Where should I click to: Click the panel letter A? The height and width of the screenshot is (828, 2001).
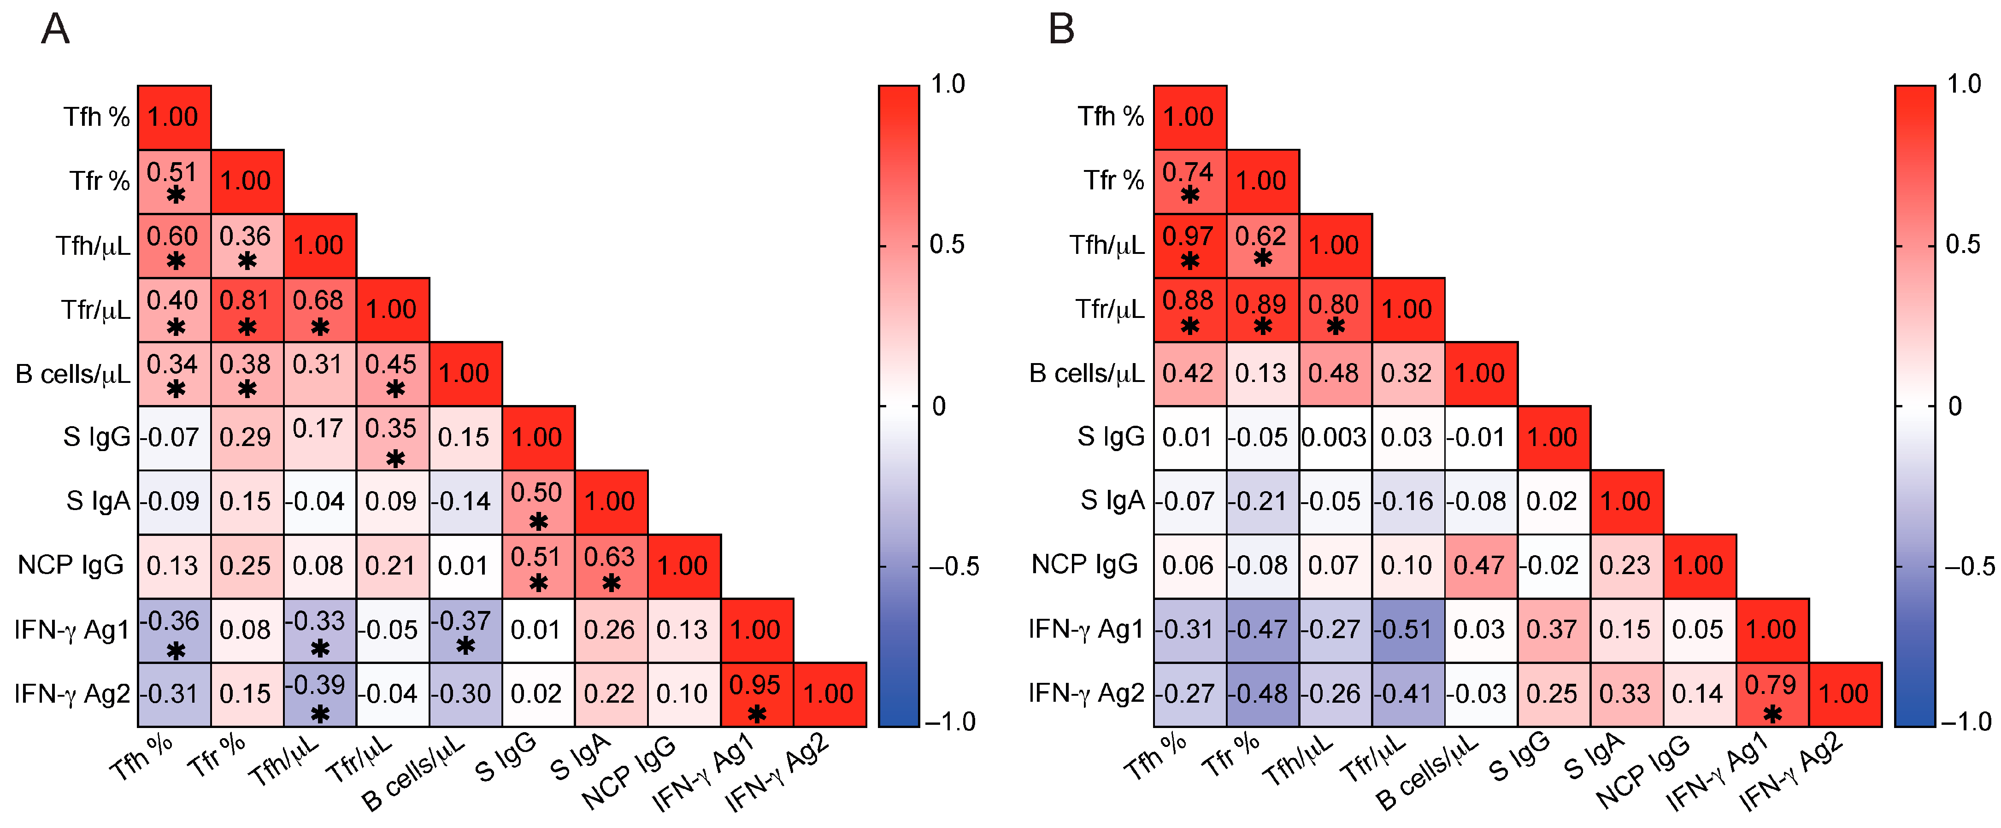click(x=55, y=29)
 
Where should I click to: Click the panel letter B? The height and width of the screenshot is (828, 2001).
click(x=1061, y=29)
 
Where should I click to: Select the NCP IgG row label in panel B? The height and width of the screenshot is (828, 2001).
click(x=1084, y=565)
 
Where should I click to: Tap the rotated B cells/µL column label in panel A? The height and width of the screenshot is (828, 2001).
click(x=414, y=773)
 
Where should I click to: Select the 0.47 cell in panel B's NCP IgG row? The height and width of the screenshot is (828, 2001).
click(x=1481, y=565)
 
